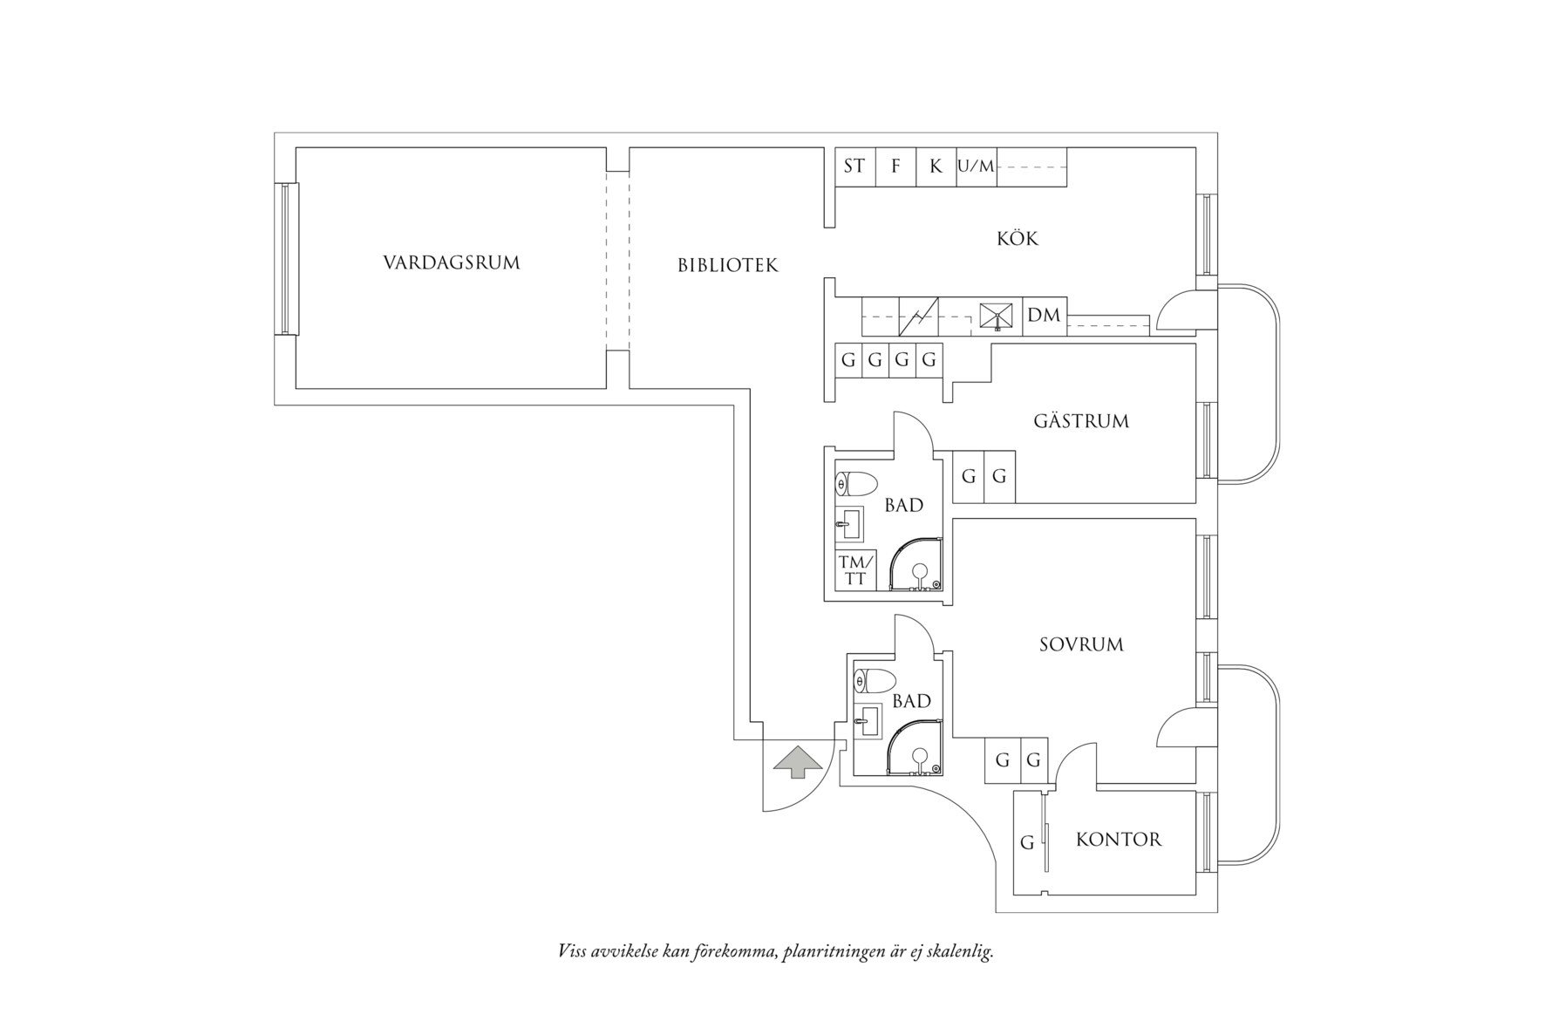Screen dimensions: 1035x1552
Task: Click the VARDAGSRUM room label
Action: click(451, 262)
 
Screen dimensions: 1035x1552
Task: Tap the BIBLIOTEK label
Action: click(727, 265)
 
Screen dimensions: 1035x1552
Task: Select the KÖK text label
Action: click(1018, 238)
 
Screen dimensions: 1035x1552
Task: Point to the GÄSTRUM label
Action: click(1080, 421)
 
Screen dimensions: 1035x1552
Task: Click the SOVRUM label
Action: click(1081, 644)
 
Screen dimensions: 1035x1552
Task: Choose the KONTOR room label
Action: click(1119, 840)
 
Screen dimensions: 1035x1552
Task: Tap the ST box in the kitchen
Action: click(854, 166)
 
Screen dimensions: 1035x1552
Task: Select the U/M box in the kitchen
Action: click(976, 166)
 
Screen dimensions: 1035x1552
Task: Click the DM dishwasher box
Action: click(1044, 316)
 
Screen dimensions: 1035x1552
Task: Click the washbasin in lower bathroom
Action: click(868, 721)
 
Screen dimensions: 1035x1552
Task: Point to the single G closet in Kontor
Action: click(1028, 842)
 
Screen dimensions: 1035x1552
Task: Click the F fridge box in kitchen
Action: click(895, 166)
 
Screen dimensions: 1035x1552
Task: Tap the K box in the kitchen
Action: click(936, 166)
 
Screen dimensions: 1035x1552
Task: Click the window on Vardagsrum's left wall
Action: click(286, 259)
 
